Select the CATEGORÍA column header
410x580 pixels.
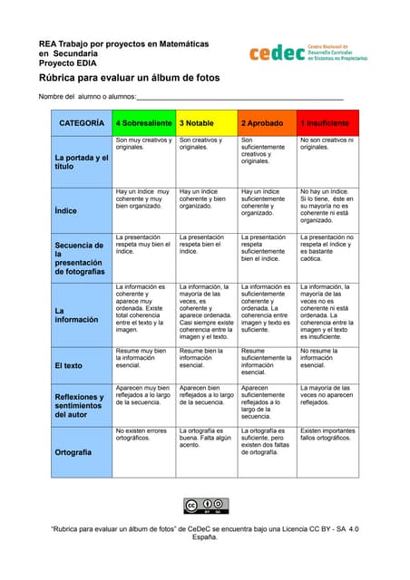[82, 122]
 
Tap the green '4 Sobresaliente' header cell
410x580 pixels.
[144, 122]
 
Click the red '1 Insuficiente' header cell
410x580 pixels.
[328, 122]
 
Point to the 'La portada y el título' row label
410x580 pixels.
[81, 162]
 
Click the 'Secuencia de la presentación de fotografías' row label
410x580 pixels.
[80, 258]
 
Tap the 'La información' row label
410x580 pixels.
[75, 314]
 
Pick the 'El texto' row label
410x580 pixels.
[69, 366]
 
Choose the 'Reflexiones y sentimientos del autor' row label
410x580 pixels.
[81, 404]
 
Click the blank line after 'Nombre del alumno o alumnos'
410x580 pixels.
[240, 97]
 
